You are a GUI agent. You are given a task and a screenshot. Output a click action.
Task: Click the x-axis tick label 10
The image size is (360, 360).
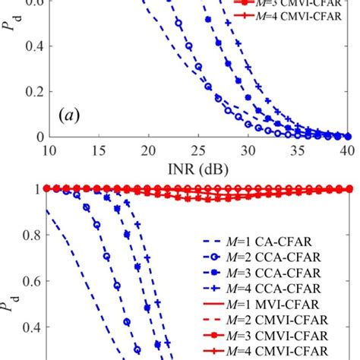point(48,150)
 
